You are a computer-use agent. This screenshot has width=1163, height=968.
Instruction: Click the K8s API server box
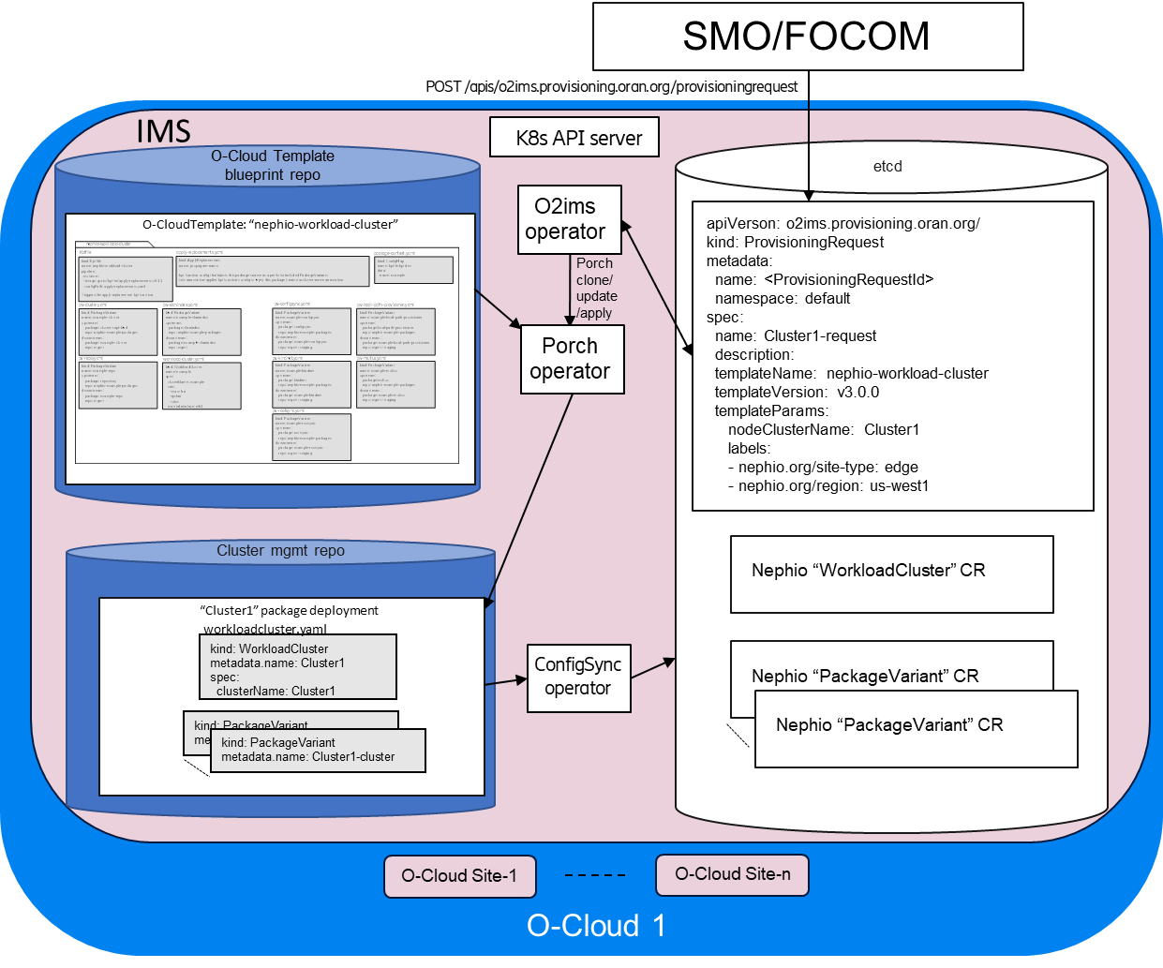click(x=574, y=138)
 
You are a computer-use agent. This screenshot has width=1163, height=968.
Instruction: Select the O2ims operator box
click(x=569, y=219)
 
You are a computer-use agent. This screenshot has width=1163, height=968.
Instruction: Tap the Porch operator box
click(x=572, y=359)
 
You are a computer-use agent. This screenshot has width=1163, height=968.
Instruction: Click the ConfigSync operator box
click(x=578, y=677)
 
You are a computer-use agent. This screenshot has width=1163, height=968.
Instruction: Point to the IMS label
click(x=163, y=131)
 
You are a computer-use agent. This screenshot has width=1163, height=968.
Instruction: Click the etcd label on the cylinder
click(x=887, y=167)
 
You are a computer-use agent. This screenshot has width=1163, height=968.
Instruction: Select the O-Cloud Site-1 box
click(x=460, y=876)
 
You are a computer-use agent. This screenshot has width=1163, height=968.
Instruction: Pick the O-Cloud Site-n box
click(x=732, y=874)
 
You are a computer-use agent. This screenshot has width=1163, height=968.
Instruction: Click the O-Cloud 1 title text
click(x=596, y=926)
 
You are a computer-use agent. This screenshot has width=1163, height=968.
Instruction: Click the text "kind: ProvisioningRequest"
click(x=795, y=242)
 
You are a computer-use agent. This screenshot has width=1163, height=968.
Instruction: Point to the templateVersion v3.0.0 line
click(x=797, y=392)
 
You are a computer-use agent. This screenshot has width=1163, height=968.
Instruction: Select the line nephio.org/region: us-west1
click(x=828, y=485)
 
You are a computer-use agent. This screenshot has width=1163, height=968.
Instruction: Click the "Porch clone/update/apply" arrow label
click(x=596, y=289)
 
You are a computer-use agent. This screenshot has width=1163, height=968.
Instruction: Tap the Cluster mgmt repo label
click(x=280, y=551)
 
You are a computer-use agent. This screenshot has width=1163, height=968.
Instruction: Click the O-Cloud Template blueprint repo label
click(x=272, y=166)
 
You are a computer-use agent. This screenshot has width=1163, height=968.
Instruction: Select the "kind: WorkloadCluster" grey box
click(x=297, y=667)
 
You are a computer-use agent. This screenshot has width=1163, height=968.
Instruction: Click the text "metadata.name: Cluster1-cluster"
click(x=308, y=757)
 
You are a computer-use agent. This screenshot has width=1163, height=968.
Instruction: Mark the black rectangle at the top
click(x=807, y=36)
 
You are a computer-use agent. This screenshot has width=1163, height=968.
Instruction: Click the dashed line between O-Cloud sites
click(x=595, y=875)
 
